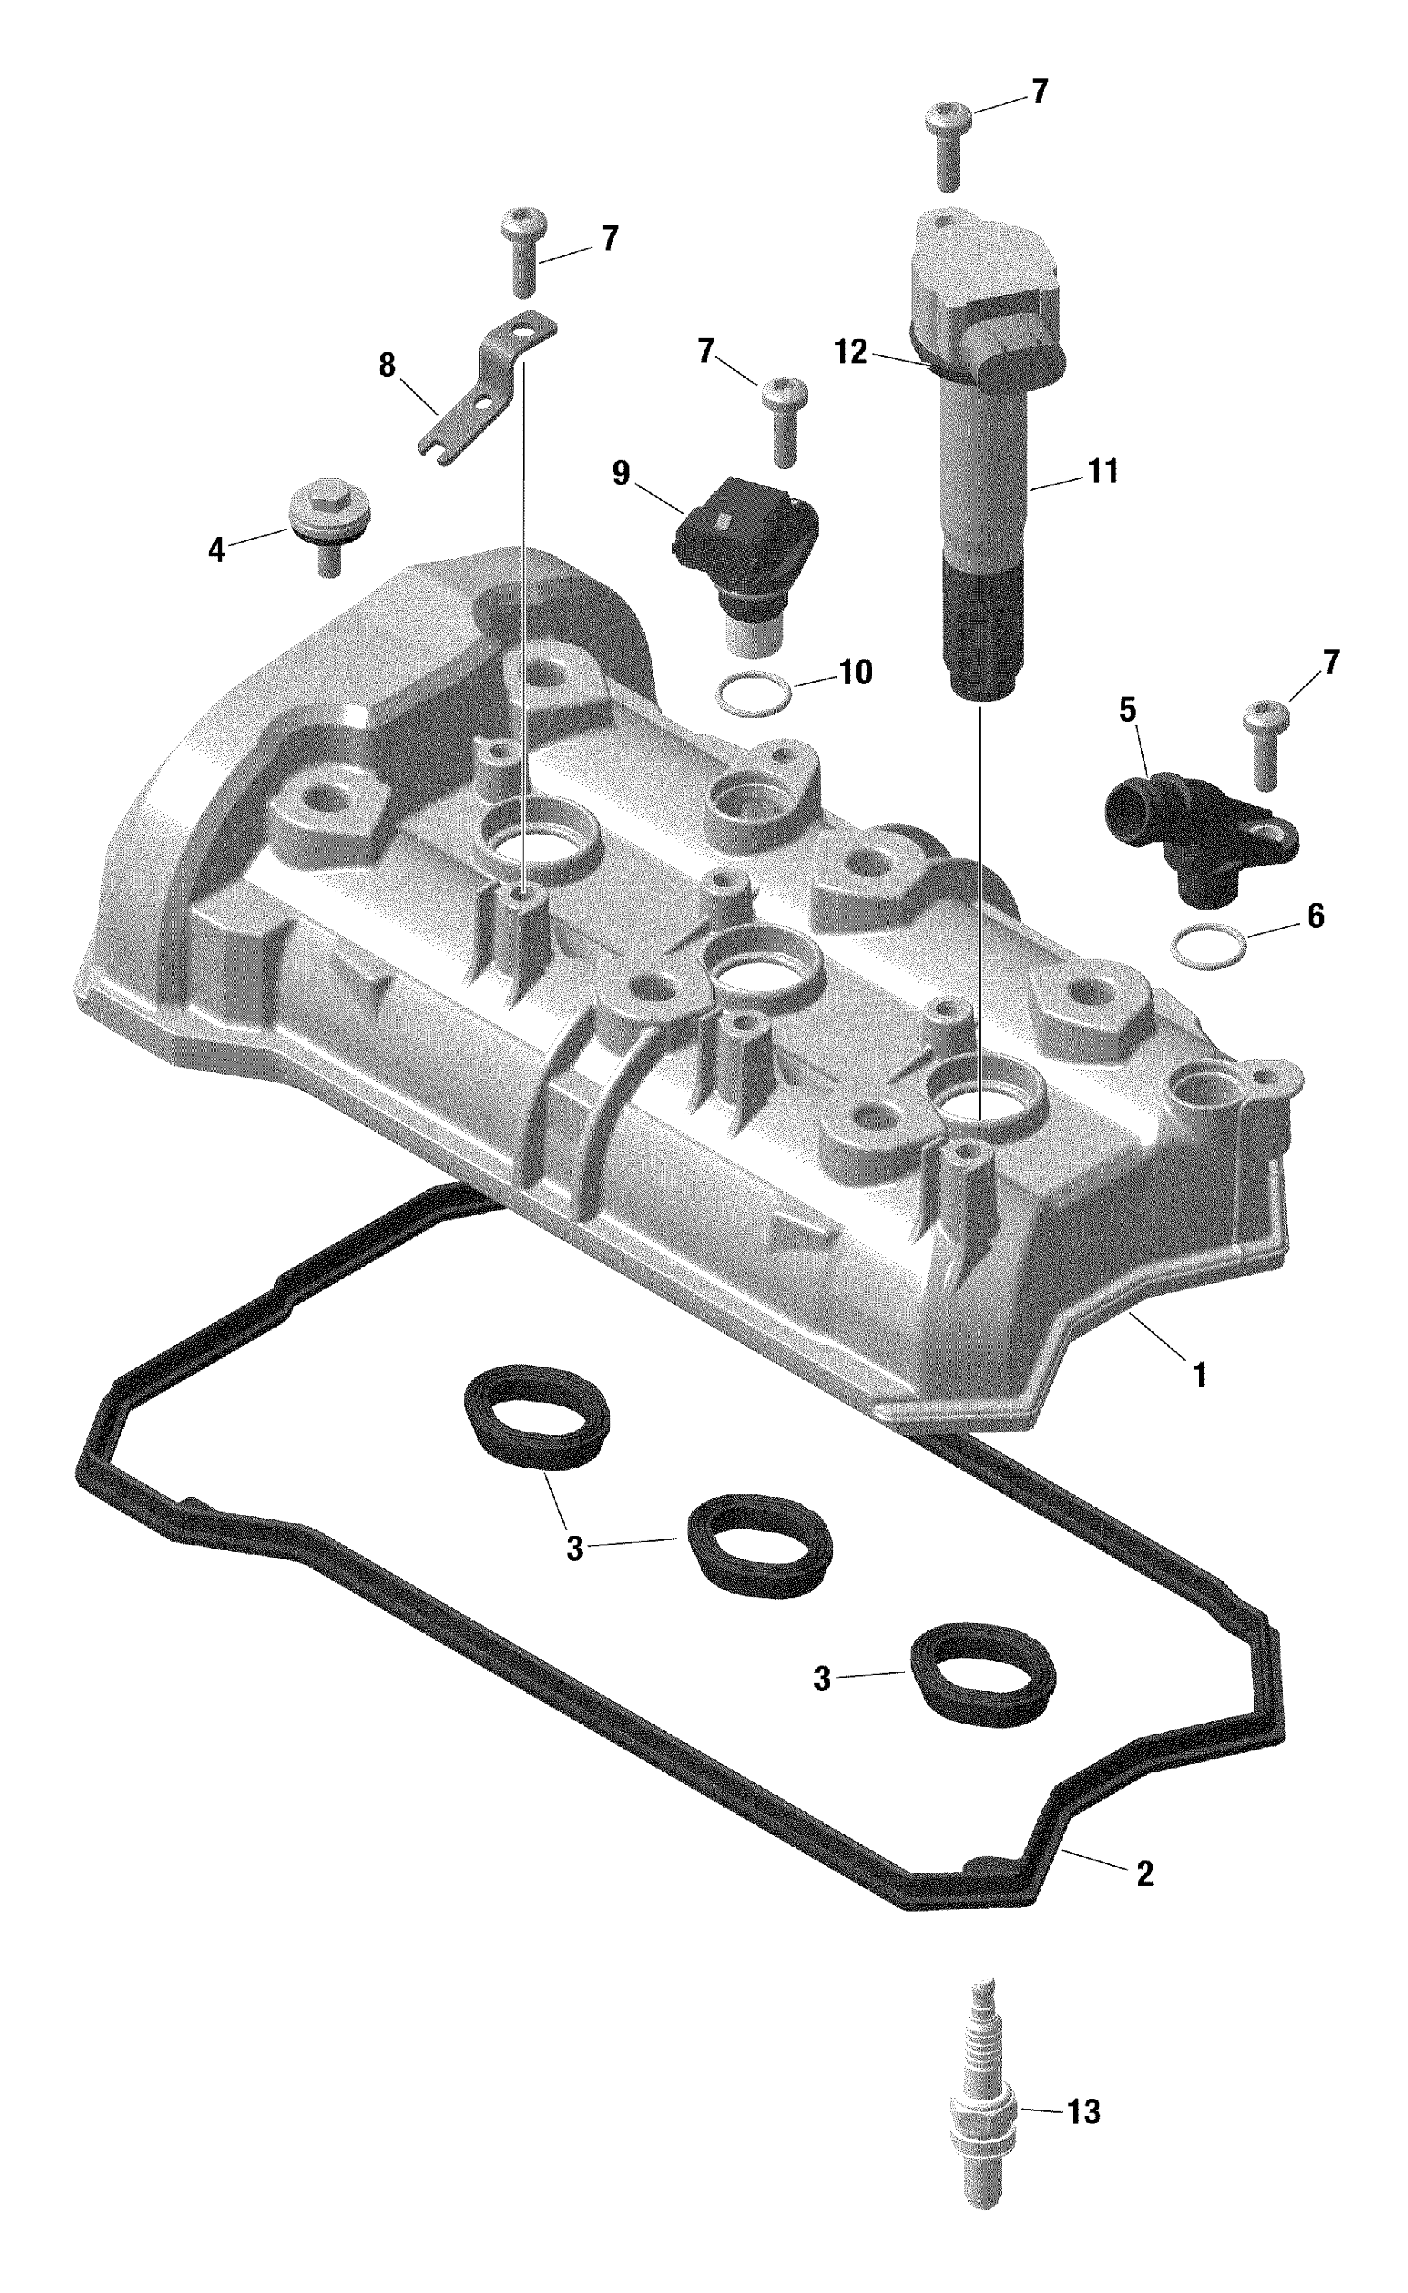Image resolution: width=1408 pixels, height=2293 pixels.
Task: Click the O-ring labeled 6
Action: tap(1209, 945)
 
